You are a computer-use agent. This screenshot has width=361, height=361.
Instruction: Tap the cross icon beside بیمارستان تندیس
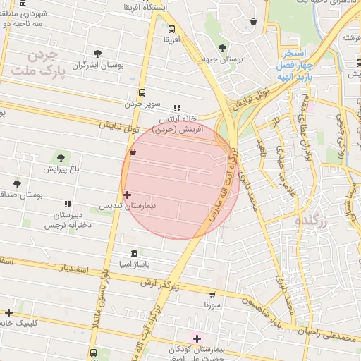pyautogui.click(x=127, y=195)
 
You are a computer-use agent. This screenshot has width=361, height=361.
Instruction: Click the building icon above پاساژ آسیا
pyautogui.click(x=135, y=253)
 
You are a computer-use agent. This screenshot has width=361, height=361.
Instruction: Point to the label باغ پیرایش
pyautogui.click(x=58, y=169)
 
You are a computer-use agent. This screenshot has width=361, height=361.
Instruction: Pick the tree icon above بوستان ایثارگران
pyautogui.click(x=97, y=53)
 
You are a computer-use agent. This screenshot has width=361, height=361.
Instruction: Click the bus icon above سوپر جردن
pyautogui.click(x=142, y=92)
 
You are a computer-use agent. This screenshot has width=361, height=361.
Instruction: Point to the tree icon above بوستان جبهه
pyautogui.click(x=222, y=48)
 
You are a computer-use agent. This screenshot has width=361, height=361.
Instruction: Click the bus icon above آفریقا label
pyautogui.click(x=173, y=29)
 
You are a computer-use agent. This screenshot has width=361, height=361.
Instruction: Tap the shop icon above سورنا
pyautogui.click(x=212, y=294)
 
